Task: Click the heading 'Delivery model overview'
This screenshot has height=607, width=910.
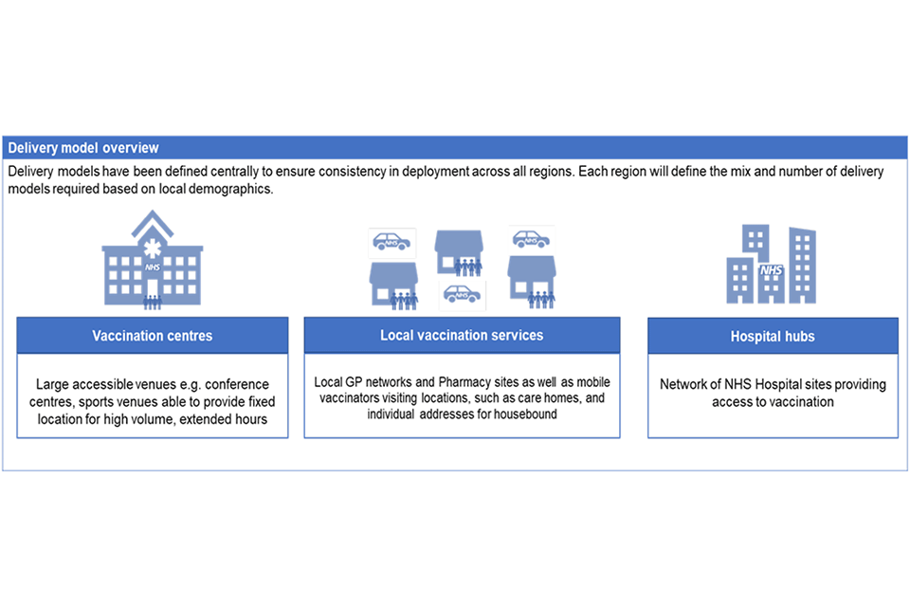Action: (x=83, y=148)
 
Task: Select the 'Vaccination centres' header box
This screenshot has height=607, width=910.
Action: (x=152, y=336)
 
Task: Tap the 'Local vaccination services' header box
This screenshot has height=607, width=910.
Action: (x=462, y=335)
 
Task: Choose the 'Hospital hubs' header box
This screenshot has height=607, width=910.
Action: (x=773, y=336)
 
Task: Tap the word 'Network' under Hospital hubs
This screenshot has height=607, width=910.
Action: (x=684, y=385)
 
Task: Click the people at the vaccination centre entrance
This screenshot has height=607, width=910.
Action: (x=152, y=302)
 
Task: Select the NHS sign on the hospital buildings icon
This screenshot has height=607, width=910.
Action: (x=772, y=270)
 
